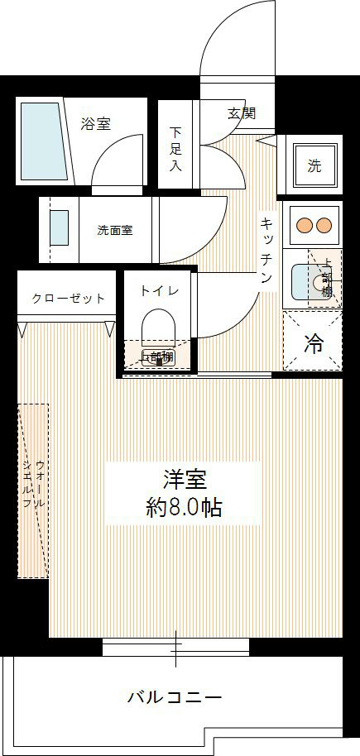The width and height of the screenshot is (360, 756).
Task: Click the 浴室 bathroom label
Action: click(x=96, y=124)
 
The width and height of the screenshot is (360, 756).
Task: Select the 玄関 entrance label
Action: click(x=241, y=113)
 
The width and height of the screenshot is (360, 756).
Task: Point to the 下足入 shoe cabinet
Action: click(x=175, y=148)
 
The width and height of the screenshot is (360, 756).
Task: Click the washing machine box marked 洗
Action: click(x=314, y=165)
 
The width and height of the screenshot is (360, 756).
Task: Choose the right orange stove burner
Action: click(x=323, y=224)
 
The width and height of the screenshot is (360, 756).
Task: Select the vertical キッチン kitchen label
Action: click(x=266, y=250)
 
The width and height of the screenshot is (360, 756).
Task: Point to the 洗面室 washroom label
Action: click(x=114, y=231)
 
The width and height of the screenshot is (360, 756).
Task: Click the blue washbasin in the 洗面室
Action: click(x=59, y=227)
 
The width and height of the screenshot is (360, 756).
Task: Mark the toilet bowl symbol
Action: click(x=157, y=327)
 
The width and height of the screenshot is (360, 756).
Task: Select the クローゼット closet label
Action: click(x=69, y=298)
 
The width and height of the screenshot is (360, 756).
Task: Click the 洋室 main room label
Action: click(x=184, y=480)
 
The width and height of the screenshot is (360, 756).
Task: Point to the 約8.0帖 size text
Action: click(x=183, y=507)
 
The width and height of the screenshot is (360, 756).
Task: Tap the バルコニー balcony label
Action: click(x=174, y=697)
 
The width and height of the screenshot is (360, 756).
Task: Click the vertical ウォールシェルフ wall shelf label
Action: click(x=34, y=491)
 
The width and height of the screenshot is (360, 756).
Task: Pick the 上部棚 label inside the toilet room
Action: click(x=157, y=357)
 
